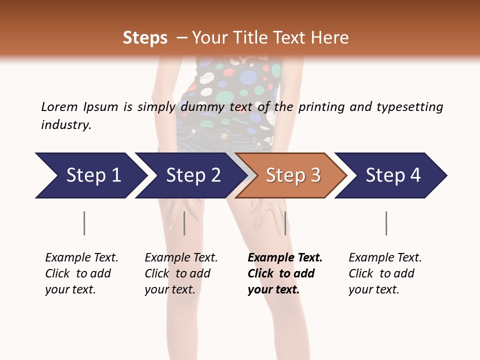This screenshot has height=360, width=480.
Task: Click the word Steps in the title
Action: pos(145,38)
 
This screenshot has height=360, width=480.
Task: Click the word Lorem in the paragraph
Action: pos(59,107)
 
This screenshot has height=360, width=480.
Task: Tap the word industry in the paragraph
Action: pos(66,125)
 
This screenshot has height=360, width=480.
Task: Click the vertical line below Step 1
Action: pos(84,223)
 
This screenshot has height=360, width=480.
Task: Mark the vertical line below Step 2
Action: pos(184,223)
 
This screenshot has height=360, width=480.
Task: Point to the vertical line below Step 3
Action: pos(285,223)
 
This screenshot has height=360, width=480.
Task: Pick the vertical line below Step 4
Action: pos(386,223)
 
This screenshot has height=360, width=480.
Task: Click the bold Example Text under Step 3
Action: pos(285,258)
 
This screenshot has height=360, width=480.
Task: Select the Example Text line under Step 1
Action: pos(81,258)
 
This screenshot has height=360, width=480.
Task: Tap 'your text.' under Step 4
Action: pos(373,289)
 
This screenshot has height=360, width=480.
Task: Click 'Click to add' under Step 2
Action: pos(177,273)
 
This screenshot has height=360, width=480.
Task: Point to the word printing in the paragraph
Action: pos(319,107)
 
